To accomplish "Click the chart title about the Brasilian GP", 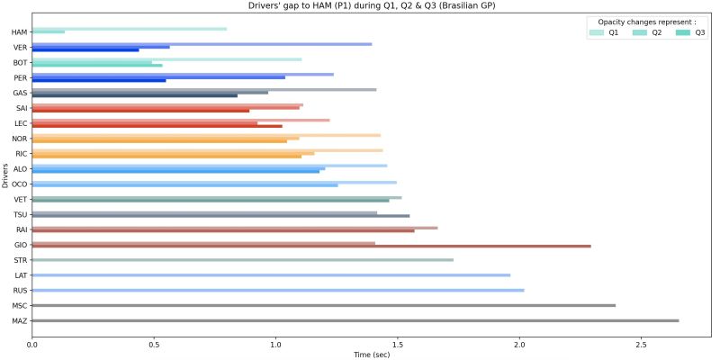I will tap(371, 5).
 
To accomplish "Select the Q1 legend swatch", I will tap(597, 32).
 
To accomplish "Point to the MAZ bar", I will tap(355, 320).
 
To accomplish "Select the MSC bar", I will tap(324, 305).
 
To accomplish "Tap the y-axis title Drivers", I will tap(6, 175).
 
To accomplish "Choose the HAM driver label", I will tap(19, 32).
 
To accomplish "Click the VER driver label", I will tap(19, 48).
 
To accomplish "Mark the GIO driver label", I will tap(20, 245).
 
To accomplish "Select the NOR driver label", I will tap(19, 139).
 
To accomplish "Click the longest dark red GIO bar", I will tap(311, 246).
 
